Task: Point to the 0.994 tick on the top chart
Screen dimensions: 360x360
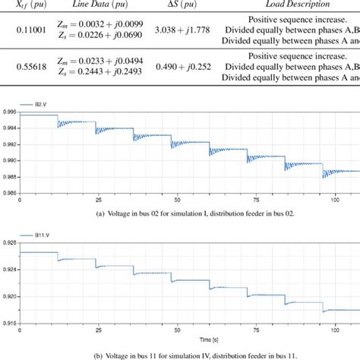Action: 9,129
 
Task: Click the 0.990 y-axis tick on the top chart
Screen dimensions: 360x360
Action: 9,161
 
